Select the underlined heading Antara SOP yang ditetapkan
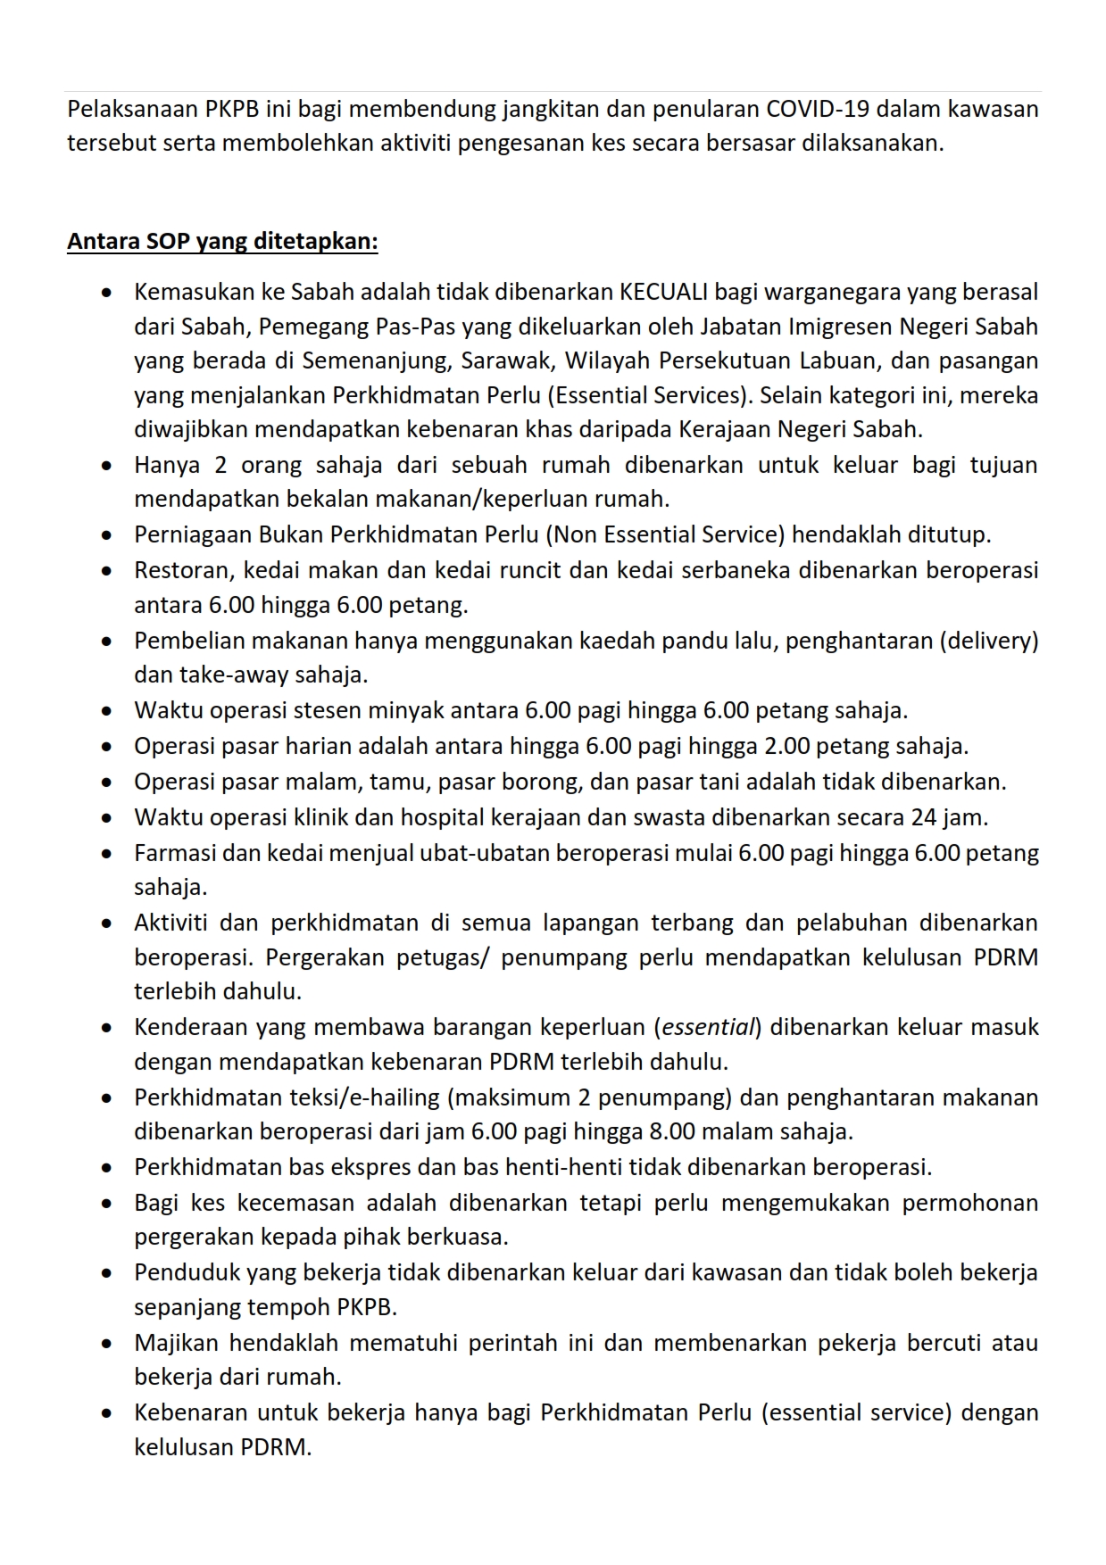pos(222,242)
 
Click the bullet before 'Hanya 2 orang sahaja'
pos(107,466)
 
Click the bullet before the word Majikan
pos(107,1343)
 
